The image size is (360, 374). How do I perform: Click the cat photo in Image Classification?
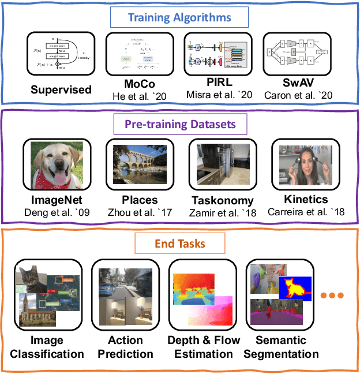click(31, 278)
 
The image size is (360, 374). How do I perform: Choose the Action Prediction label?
click(125, 347)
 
